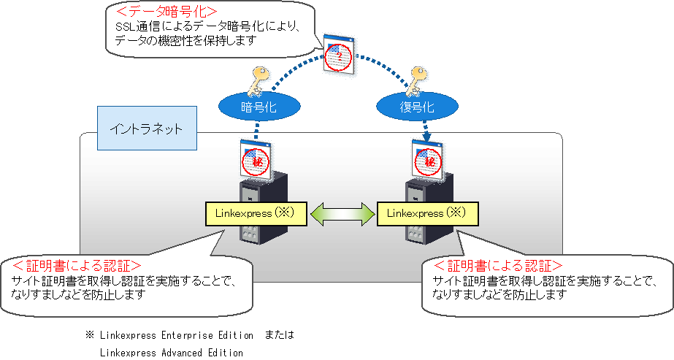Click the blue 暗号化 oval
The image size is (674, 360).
[250, 107]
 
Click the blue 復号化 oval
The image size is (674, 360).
[407, 107]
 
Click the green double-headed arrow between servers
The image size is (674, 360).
[341, 213]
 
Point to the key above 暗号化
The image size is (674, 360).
[260, 82]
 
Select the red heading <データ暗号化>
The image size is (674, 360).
[161, 13]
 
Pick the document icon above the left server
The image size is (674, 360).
[256, 158]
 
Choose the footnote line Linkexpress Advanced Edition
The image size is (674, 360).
[171, 353]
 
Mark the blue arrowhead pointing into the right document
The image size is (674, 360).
[426, 137]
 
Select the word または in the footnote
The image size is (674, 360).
[280, 336]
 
